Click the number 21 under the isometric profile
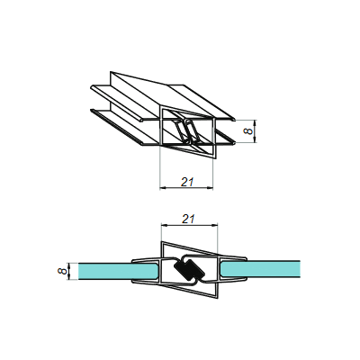tap(187, 181)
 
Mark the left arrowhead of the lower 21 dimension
tap(163, 188)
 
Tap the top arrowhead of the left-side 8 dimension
tap(70, 262)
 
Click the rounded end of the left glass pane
tap(159, 270)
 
